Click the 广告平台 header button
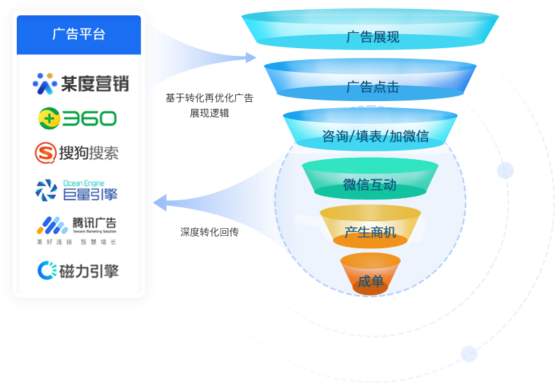[x=78, y=34]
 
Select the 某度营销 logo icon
[x=45, y=84]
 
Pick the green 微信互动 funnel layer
[x=369, y=185]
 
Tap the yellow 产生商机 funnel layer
[x=370, y=232]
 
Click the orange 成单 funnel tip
[x=370, y=281]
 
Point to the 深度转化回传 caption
[x=209, y=232]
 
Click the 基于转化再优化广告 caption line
[x=209, y=98]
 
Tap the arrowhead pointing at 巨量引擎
[x=159, y=203]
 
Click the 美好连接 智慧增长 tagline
[x=77, y=242]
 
